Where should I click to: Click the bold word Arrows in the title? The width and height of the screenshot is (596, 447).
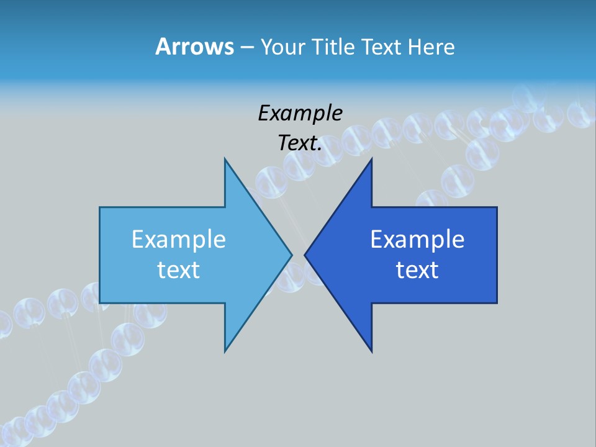(194, 47)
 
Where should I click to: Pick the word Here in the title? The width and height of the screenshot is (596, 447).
(431, 47)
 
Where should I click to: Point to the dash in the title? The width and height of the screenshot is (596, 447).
(246, 48)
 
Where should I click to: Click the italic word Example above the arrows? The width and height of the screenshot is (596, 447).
(300, 113)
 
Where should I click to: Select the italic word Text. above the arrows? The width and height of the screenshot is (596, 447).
(300, 143)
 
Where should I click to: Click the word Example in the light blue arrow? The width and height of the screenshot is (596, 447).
(178, 240)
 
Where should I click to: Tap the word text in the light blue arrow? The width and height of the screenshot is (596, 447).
(178, 270)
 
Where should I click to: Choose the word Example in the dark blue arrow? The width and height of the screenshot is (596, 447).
(417, 240)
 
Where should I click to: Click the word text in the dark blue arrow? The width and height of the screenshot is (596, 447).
(417, 270)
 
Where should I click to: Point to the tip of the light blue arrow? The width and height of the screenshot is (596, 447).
(291, 255)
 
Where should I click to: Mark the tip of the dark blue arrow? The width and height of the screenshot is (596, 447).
(305, 255)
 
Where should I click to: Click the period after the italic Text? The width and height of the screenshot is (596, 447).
(320, 150)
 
